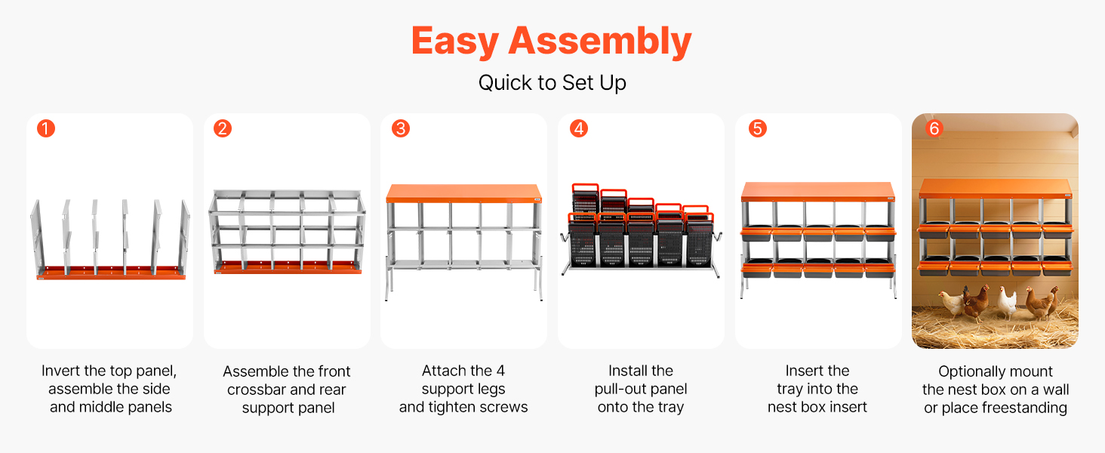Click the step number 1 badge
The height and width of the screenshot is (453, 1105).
(46, 129)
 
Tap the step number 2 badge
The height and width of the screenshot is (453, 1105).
(223, 129)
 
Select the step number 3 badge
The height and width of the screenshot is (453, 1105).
(401, 129)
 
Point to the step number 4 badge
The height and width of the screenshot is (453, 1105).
(579, 129)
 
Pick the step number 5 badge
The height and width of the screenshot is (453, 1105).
(758, 129)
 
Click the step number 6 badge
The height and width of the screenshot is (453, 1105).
(934, 129)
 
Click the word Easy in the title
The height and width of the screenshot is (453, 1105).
(455, 42)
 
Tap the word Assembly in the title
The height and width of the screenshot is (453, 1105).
(600, 42)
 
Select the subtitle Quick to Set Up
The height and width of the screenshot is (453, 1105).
(552, 83)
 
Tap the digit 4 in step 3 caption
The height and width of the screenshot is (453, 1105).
(500, 371)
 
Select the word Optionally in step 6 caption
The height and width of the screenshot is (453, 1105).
(963, 371)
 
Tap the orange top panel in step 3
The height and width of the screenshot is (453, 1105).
(463, 193)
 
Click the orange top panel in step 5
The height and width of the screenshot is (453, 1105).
(818, 192)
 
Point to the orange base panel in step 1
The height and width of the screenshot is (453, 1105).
(112, 273)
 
